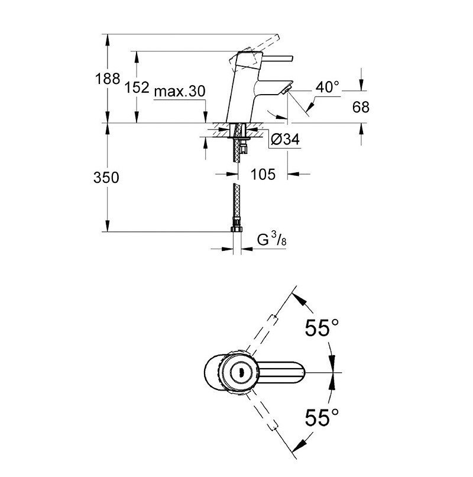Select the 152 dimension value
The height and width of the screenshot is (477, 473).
pos(137,88)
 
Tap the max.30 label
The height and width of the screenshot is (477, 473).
pos(180,91)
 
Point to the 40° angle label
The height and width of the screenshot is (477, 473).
pos(327,87)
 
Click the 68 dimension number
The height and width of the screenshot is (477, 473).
pos(361,107)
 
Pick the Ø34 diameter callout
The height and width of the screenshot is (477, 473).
pos(285,139)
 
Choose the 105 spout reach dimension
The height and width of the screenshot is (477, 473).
pos(263,175)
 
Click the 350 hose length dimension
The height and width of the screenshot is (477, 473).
pos(106,178)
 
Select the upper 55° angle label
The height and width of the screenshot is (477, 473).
pos(322,328)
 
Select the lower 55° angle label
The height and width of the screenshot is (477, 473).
pos(322,417)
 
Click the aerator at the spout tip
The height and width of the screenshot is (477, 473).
pos(286,90)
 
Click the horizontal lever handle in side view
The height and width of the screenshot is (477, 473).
pos(277,59)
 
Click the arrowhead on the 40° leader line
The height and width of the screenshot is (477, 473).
pos(310,107)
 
